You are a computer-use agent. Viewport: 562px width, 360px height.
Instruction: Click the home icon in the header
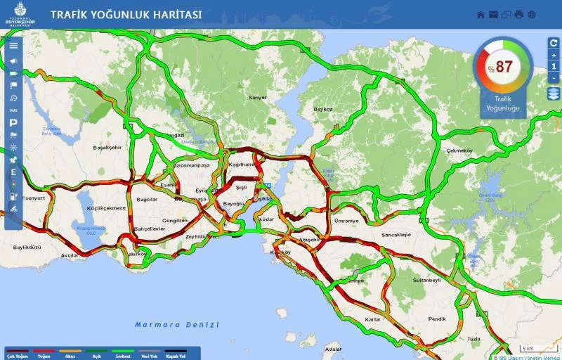coord(481,14)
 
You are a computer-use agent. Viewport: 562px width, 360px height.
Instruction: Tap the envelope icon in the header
coord(494,14)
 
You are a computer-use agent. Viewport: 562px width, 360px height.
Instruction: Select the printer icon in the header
coord(519,14)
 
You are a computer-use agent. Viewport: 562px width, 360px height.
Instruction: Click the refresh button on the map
coord(554,42)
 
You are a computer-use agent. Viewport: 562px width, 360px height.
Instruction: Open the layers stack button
coord(554,94)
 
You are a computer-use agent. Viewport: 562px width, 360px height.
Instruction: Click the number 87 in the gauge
coord(504,67)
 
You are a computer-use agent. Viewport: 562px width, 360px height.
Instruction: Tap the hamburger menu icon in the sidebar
coord(13,45)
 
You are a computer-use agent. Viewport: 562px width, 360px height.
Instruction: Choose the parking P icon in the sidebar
coord(13,122)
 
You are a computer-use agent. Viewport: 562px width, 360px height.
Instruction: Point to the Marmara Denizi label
coord(177,325)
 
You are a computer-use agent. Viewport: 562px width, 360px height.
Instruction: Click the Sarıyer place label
coord(258,98)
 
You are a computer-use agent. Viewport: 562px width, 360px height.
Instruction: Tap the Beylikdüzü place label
coord(27,247)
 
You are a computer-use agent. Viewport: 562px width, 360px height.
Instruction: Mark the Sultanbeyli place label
coord(426,280)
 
